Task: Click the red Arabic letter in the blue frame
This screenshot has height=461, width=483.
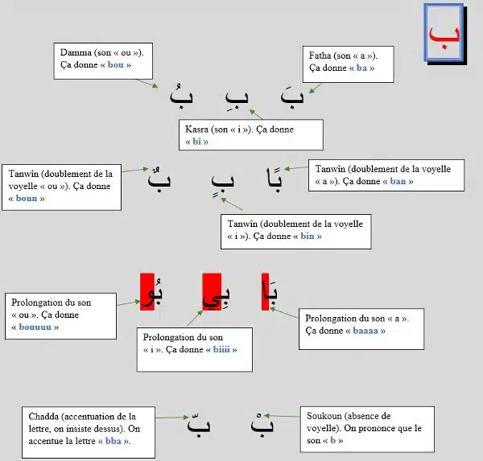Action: [444, 37]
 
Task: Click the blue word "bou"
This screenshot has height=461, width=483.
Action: [115, 64]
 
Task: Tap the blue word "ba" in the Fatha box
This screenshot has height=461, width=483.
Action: [361, 68]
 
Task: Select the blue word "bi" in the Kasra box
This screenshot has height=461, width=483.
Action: [196, 142]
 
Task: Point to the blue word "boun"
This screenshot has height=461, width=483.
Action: [27, 198]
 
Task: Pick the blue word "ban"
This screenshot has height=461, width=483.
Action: [398, 181]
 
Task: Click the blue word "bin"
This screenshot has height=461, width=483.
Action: [308, 236]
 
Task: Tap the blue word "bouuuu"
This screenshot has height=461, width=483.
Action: [35, 327]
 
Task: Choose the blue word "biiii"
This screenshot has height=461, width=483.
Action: [221, 349]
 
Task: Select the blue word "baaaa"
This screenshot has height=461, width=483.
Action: [365, 331]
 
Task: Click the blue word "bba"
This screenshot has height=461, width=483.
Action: [113, 441]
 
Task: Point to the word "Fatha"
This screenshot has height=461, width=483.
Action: [320, 56]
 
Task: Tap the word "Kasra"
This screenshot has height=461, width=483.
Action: [197, 129]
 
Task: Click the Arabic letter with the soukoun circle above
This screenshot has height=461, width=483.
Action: [262, 423]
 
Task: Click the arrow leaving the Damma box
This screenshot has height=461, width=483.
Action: [147, 84]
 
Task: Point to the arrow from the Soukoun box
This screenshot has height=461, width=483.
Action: [283, 416]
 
